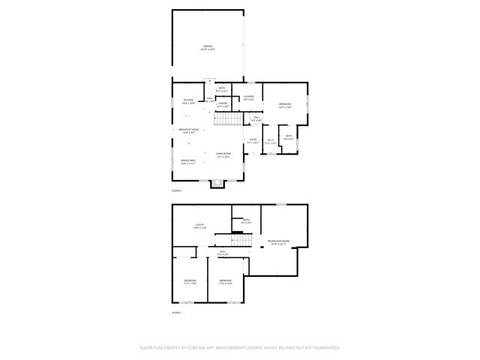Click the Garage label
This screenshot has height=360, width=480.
tap(208, 46)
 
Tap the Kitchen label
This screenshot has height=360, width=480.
tap(188, 100)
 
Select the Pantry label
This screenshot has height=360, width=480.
tap(222, 104)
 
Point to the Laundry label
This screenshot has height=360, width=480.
tap(248, 97)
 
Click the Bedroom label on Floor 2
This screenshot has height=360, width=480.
tap(284, 104)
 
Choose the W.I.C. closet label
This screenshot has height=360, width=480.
tap(271, 140)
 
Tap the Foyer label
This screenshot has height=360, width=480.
tap(253, 139)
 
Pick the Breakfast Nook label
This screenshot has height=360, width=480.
tap(188, 130)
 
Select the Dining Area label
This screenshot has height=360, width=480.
tap(187, 160)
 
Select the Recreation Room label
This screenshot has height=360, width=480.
tap(278, 241)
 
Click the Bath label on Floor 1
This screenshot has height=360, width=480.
tap(245, 220)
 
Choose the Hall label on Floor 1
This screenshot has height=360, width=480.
tap(222, 253)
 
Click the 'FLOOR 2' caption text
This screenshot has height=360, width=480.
tap(176, 191)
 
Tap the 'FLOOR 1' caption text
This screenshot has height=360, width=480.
tap(176, 312)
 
